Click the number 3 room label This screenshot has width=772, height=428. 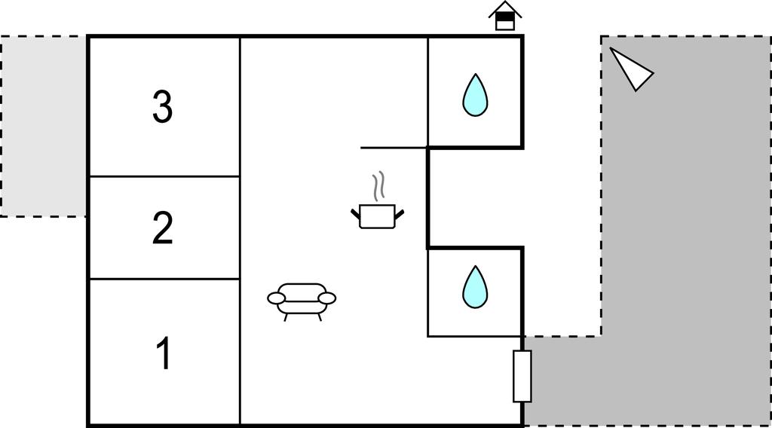[162, 107]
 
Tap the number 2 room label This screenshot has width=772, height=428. [162, 228]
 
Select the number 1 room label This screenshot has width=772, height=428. [162, 353]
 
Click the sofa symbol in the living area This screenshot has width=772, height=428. [302, 300]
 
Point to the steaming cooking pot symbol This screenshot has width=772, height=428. [378, 215]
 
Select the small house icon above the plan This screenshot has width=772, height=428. [505, 17]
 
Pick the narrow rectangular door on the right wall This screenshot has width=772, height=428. [522, 376]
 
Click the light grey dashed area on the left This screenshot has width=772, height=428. [43, 126]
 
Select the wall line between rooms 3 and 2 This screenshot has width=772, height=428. [164, 176]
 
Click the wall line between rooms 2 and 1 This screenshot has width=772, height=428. [164, 279]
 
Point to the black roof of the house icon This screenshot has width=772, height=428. [505, 9]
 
